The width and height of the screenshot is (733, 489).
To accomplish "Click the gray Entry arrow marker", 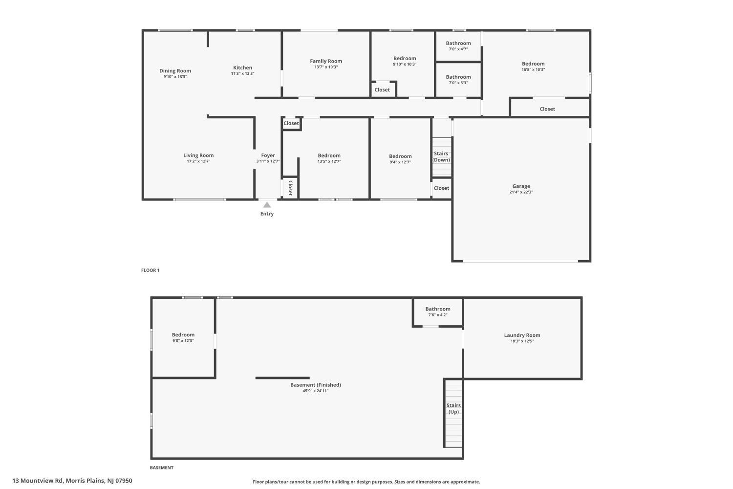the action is point(267,205).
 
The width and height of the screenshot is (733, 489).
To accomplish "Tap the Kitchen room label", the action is point(242,68).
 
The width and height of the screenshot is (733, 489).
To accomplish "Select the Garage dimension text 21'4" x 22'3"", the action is point(521,192).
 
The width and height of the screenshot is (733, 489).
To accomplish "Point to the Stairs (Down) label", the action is point(441,156).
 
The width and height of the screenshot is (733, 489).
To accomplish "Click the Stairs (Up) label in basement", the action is point(453,408).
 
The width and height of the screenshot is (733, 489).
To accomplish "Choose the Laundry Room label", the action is point(522,335).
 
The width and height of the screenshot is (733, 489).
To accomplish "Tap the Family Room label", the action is point(326,61).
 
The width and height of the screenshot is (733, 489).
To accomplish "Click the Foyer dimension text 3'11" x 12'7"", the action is point(268,161).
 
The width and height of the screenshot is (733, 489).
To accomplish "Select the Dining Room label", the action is point(175,71).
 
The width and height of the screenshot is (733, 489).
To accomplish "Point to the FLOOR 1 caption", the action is point(150,270).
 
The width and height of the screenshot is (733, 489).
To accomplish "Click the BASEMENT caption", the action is point(162,467).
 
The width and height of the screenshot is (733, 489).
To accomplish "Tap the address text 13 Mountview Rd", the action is point(37,481).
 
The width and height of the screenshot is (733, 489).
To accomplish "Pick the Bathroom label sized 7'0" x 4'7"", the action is point(458,43).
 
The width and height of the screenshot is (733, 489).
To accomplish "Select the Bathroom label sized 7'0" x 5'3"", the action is point(458,77).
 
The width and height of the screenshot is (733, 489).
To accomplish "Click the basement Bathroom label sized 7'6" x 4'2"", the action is point(438,309).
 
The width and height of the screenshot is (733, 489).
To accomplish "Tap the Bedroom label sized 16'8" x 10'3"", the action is point(533,64).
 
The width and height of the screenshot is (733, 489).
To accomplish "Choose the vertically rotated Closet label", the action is point(290,188).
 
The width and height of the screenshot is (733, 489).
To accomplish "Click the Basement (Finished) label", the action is point(316,385).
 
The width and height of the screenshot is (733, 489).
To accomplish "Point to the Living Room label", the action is point(198,156).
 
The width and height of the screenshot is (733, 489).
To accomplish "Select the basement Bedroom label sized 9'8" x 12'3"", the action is point(183,335).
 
